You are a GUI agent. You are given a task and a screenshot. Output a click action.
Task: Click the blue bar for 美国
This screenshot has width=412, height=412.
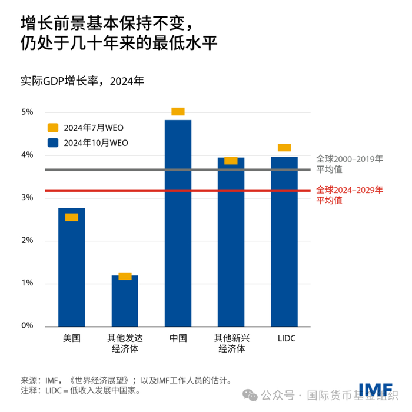coord(71,271)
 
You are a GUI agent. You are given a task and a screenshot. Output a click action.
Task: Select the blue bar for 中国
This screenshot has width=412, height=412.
coord(178,224)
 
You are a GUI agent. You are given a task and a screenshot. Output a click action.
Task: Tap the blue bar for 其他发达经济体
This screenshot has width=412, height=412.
coord(125,301)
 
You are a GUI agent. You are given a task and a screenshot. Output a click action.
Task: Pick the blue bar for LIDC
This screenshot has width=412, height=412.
coord(284,241)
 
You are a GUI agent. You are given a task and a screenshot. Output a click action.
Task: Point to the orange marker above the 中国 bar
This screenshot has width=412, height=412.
coord(178,111)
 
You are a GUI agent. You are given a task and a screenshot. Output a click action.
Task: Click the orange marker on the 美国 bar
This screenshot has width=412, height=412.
coord(71,217)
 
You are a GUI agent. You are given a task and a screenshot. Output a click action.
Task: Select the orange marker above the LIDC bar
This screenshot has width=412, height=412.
coord(284,148)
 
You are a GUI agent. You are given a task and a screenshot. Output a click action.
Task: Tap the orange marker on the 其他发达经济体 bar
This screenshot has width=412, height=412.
coord(125,276)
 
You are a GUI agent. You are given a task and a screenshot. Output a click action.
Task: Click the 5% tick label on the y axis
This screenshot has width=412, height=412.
coord(27,112)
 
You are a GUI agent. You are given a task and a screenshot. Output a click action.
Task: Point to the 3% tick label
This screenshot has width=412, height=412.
coord(27,198)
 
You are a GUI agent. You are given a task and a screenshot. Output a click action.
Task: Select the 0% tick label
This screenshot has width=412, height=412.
coord(27,326)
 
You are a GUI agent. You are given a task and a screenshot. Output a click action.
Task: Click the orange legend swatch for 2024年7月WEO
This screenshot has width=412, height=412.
coord(53,127)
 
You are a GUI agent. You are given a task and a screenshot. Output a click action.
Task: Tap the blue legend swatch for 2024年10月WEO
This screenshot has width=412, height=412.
coord(53,142)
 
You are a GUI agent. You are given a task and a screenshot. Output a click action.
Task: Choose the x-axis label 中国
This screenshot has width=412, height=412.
coord(178,338)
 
